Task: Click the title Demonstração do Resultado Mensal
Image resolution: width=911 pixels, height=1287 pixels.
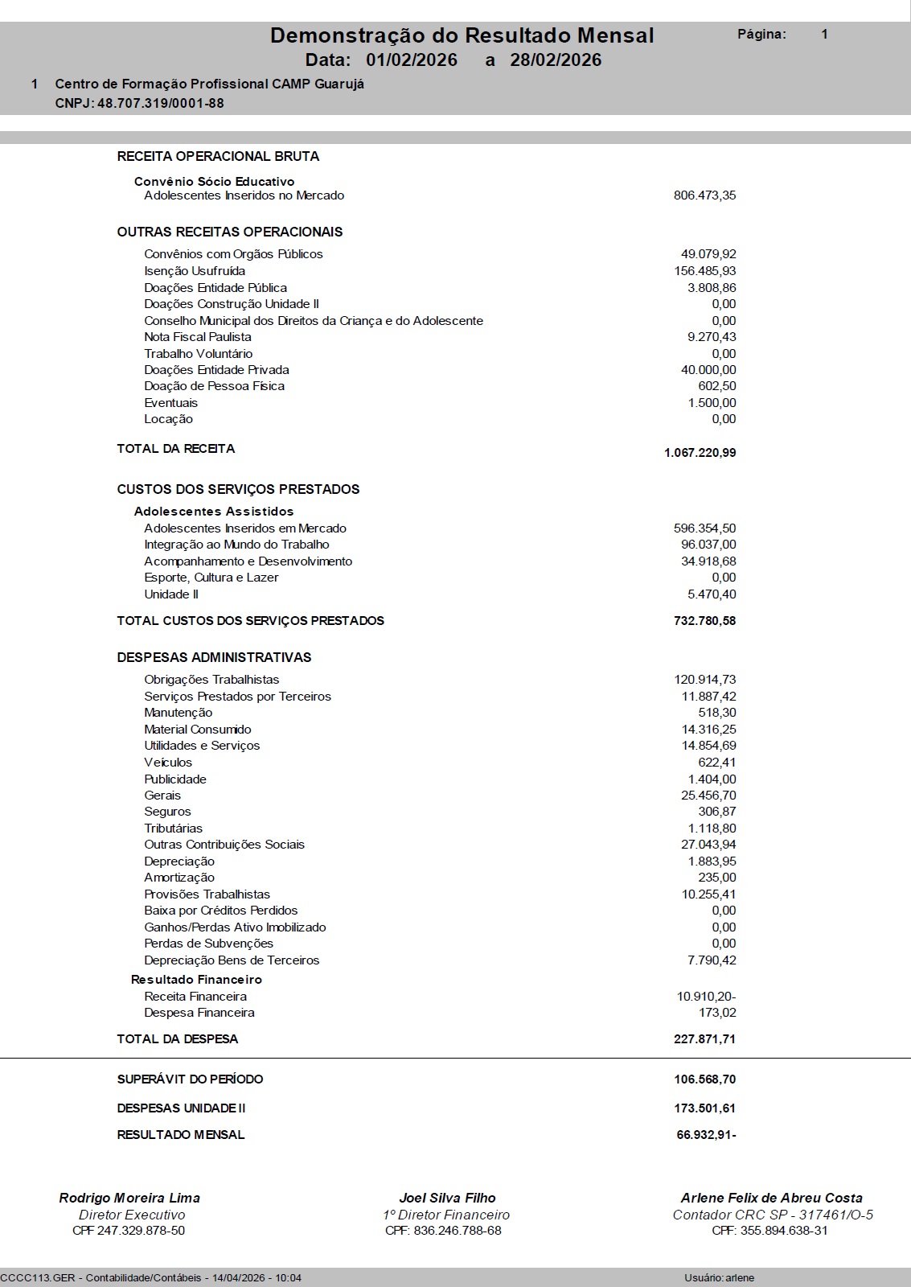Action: point(462,35)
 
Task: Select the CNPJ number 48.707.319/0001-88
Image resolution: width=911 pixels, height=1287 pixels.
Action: point(161,103)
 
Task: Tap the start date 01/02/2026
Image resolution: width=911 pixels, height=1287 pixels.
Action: point(411,60)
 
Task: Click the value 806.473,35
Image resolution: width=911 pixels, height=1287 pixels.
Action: point(704,195)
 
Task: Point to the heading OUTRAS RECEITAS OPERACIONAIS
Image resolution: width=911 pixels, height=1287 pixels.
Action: point(230,232)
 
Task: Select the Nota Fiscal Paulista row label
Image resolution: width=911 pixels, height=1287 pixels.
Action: point(198,337)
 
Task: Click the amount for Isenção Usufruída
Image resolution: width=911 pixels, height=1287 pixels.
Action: point(704,271)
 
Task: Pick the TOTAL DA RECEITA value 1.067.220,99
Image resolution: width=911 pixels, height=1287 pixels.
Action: point(700,453)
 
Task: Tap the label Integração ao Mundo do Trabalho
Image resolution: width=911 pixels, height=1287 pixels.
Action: point(236,545)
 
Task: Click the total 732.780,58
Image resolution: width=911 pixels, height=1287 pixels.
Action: point(704,621)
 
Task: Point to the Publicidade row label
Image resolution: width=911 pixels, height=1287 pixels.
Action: point(175,779)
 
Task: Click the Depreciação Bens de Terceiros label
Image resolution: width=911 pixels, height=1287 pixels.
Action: point(232,960)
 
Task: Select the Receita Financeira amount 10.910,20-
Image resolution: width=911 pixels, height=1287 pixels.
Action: point(706,997)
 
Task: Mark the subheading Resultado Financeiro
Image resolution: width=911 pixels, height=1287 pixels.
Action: point(196,980)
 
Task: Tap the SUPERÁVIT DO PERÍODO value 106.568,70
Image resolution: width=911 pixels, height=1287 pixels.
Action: point(704,1079)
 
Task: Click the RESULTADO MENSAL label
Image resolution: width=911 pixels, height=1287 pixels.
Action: point(181,1135)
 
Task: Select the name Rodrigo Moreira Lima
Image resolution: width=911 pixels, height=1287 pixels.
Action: point(129,1198)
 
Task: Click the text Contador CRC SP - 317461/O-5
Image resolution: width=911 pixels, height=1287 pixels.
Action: point(773,1215)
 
